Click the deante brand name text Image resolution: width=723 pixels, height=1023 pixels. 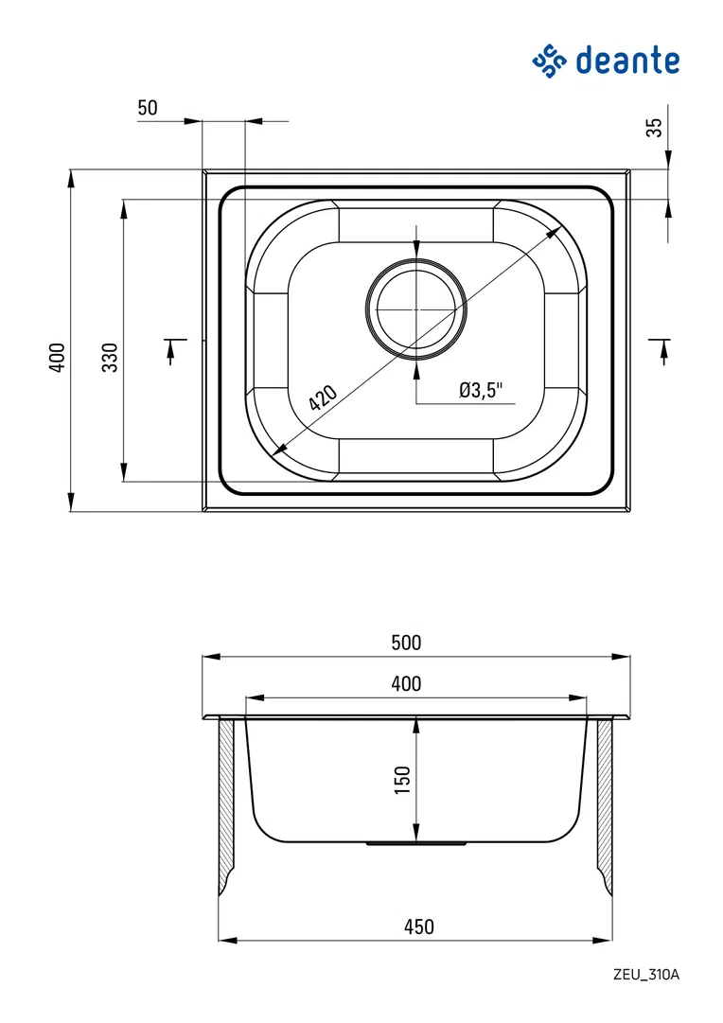tap(627, 61)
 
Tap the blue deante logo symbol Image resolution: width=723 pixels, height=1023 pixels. tap(549, 61)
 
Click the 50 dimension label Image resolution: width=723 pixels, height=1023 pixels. tap(148, 108)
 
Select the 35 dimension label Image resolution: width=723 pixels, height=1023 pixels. tap(654, 127)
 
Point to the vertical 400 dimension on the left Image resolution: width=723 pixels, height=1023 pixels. tap(58, 357)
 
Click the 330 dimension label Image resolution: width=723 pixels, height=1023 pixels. tap(111, 357)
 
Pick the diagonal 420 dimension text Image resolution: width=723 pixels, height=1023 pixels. tap(323, 397)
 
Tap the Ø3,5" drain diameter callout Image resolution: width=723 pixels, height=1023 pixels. tap(482, 389)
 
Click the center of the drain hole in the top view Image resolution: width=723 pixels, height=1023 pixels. tap(416, 309)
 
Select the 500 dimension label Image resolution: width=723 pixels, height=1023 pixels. tap(405, 643)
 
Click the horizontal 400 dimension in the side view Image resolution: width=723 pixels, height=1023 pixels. tap(405, 683)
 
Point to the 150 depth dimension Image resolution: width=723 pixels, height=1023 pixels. tap(402, 780)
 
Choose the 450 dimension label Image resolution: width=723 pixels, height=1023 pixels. tap(418, 926)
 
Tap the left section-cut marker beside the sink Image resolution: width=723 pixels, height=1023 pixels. tap(172, 348)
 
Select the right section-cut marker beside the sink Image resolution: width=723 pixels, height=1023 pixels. tap(661, 348)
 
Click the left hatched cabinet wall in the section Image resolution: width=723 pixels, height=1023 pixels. tap(226, 804)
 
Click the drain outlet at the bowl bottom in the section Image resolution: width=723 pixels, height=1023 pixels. tap(416, 841)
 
